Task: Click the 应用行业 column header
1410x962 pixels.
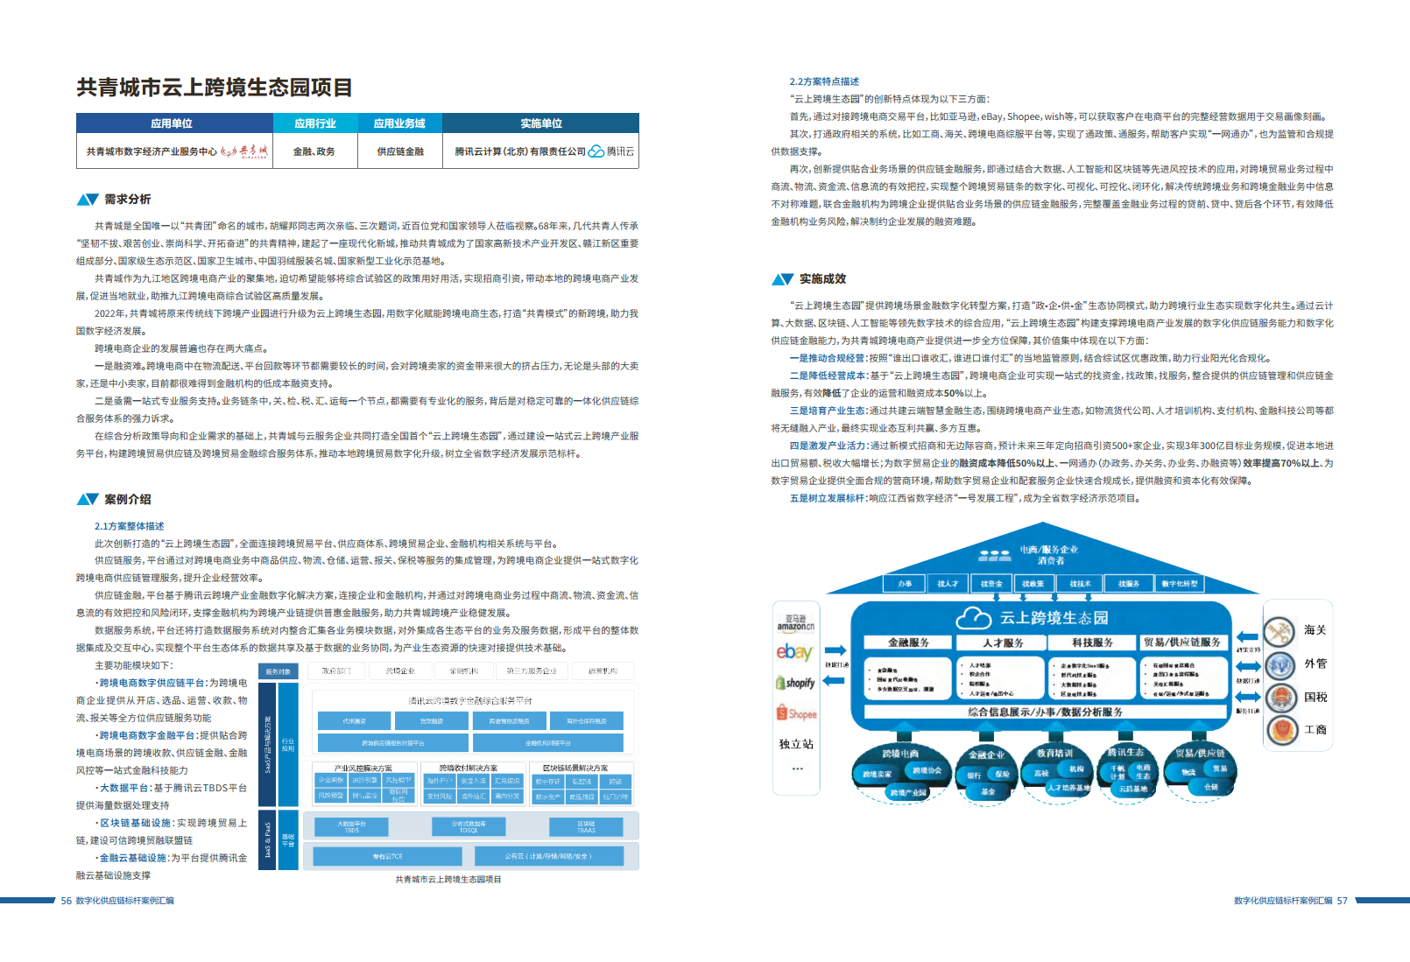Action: coord(315,123)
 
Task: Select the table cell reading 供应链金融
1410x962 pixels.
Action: coord(400,151)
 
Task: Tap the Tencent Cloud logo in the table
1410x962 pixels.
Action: coord(596,151)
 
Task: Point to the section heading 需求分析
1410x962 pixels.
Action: coord(128,200)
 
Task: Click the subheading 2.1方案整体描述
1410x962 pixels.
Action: coord(130,526)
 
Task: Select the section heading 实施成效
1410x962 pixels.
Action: coord(822,279)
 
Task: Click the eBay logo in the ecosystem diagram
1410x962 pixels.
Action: coord(794,652)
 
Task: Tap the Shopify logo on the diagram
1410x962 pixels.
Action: coord(796,683)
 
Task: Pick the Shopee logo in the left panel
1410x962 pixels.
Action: coord(796,713)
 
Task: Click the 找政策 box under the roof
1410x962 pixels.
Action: coord(1033,584)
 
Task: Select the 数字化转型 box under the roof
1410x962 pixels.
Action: coord(1180,584)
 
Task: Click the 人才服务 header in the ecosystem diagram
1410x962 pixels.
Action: coord(1003,643)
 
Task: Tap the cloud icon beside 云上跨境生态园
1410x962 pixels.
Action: coord(973,618)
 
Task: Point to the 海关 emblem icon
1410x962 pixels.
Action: coord(1280,631)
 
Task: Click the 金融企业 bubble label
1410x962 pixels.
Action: coord(986,755)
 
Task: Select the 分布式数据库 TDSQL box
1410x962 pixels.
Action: coord(469,826)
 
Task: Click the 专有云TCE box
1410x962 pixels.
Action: coord(387,856)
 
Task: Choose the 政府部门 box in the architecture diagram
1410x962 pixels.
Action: coord(336,671)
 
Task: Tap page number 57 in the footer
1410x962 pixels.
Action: coord(1342,901)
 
